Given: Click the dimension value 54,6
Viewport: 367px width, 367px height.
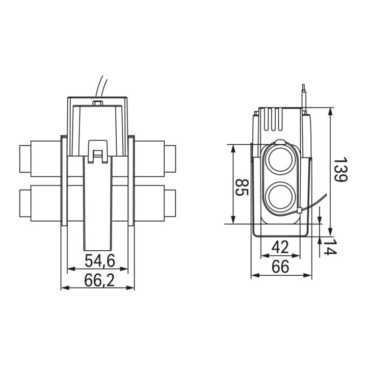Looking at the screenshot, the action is pyautogui.click(x=100, y=261).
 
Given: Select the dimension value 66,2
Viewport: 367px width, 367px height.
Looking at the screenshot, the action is pyautogui.click(x=99, y=280).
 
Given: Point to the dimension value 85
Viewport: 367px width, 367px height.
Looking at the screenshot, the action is pyautogui.click(x=242, y=188).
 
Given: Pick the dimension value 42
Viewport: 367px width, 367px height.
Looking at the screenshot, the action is pyautogui.click(x=280, y=247).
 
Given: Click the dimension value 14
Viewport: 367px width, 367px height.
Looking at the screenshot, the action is pyautogui.click(x=330, y=246).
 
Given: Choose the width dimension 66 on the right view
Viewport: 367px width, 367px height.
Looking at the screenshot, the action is pyautogui.click(x=280, y=267).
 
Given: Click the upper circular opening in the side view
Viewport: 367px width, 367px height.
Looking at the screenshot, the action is pyautogui.click(x=280, y=161).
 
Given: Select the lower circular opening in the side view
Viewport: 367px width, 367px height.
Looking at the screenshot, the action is pyautogui.click(x=280, y=196).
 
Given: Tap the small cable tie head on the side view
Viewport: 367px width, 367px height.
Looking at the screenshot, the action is pyautogui.click(x=299, y=210).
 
